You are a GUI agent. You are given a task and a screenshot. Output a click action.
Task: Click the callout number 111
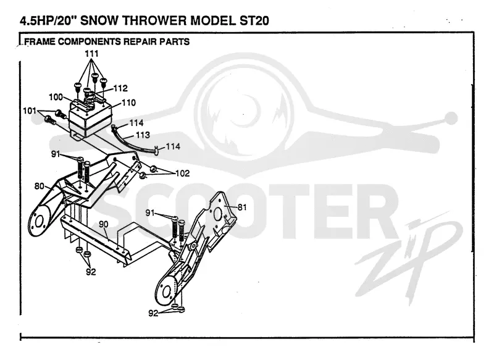[91, 54]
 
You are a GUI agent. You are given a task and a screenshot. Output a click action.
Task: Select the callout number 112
[120, 88]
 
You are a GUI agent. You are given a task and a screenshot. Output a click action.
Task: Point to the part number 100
[56, 97]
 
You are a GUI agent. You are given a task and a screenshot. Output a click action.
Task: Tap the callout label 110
[129, 103]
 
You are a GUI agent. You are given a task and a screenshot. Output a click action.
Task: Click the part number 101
[30, 111]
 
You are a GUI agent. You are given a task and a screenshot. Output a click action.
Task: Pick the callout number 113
[143, 135]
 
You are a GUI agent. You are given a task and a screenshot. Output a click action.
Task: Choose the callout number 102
[182, 174]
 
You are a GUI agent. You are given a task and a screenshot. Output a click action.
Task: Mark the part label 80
[40, 186]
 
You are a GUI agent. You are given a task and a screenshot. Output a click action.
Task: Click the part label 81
[242, 207]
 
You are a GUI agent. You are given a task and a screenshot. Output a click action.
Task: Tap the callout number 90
[103, 224]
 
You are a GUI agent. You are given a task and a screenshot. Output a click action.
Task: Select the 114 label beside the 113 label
[136, 122]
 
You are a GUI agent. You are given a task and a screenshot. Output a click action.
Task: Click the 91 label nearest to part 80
[56, 154]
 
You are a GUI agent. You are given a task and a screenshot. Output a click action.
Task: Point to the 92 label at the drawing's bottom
[153, 314]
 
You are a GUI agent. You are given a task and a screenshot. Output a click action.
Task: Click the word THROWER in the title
[155, 21]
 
